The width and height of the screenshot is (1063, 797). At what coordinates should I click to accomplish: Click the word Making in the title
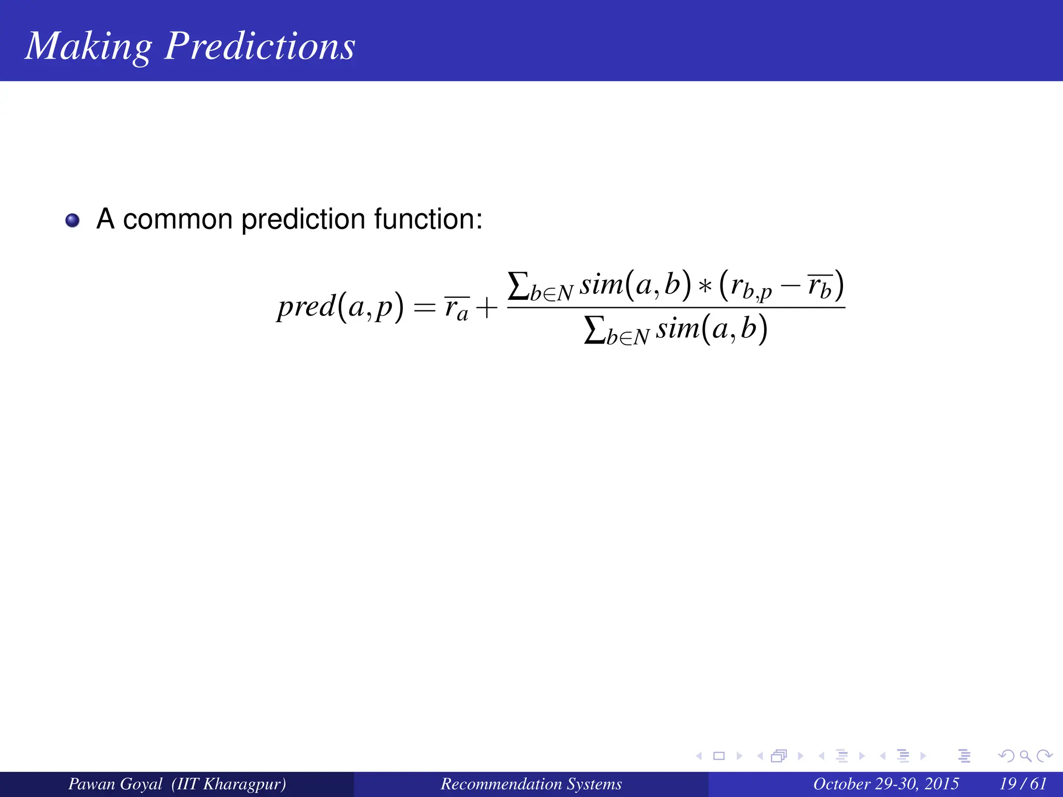coord(88,47)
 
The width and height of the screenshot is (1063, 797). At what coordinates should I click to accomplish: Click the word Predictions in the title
coord(260,47)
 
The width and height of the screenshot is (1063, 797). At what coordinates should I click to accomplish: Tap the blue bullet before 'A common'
coord(73,221)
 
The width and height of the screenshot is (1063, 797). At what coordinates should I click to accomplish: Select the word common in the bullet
coord(178,219)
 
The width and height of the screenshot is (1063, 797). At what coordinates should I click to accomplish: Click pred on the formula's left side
coord(306,307)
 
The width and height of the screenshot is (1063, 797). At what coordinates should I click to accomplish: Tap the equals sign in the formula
coord(424,308)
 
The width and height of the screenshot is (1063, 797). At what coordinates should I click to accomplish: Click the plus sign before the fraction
coord(486,308)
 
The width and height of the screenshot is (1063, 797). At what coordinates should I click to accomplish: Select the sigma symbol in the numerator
coord(517,286)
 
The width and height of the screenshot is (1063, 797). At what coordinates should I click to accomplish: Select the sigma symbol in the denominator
coord(594,330)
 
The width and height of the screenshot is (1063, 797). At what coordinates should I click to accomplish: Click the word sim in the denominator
coord(677,329)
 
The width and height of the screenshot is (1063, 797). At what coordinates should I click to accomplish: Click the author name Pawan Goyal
coord(115,784)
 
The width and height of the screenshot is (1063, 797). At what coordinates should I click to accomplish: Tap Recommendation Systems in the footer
coord(531,784)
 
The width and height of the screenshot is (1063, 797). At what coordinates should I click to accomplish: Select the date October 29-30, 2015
coord(885,784)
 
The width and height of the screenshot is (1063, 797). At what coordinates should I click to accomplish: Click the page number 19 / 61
coord(1023,784)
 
